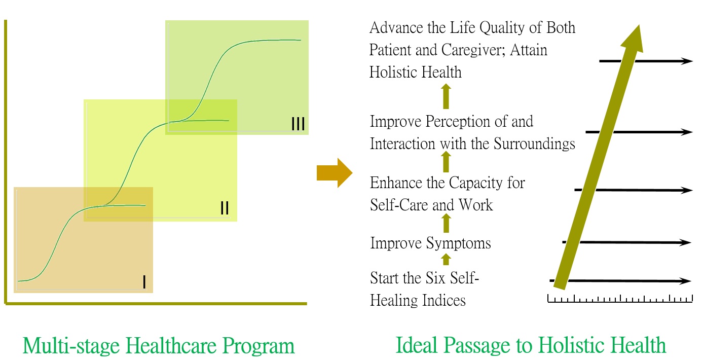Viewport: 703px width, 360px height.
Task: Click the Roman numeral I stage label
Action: pos(144,282)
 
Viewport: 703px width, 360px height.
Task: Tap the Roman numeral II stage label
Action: pos(225,208)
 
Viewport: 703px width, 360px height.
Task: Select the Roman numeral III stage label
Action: pos(298,124)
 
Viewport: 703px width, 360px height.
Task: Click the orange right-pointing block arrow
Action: pos(335,173)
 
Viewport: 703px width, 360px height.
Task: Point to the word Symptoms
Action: pos(459,243)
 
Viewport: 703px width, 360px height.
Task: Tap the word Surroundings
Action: pos(534,144)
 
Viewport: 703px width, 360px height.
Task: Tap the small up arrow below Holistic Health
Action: pos(446,96)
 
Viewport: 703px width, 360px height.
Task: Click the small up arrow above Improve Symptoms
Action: pos(446,223)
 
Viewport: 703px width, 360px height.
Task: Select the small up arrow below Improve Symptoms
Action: pos(446,259)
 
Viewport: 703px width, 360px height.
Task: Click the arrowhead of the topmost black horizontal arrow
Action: pos(686,61)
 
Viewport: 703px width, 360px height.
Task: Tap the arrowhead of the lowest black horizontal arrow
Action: pos(685,281)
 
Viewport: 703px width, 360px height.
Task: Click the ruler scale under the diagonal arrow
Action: pos(620,299)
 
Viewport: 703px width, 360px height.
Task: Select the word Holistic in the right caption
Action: pos(569,345)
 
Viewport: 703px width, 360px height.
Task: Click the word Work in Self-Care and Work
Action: pos(476,205)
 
